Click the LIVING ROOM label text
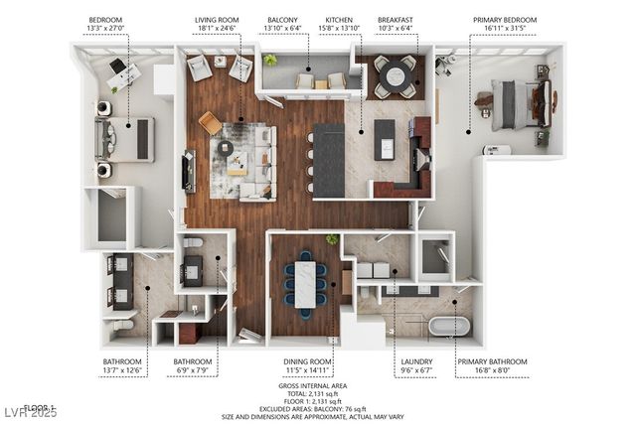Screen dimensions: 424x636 click(x=218, y=20)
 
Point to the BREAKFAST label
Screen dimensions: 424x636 click(x=396, y=20)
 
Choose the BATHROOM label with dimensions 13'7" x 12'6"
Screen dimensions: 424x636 click(x=123, y=361)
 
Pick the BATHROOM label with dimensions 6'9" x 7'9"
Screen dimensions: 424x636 click(x=193, y=361)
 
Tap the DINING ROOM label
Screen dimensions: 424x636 click(x=306, y=361)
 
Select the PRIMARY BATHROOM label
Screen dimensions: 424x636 click(x=492, y=361)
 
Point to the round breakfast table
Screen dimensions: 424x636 click(x=396, y=75)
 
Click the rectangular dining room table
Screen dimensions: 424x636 click(x=305, y=282)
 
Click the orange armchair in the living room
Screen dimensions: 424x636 click(x=210, y=122)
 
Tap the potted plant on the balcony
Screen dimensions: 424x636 click(x=270, y=62)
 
